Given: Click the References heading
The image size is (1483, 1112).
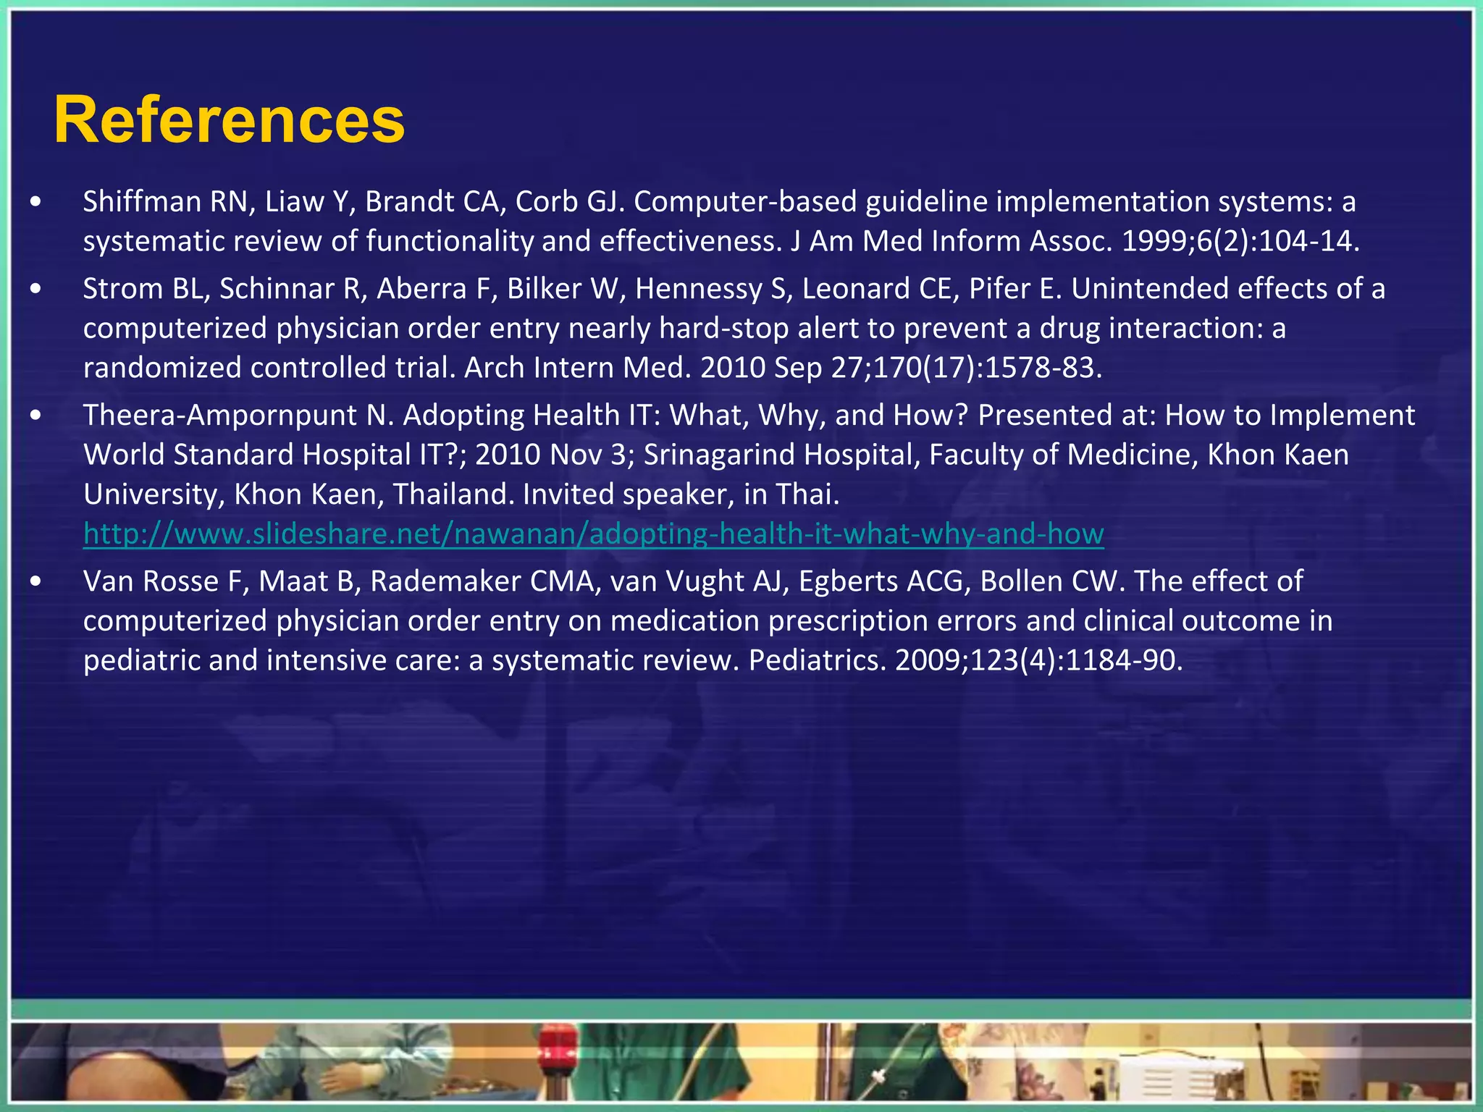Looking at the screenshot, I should click(229, 120).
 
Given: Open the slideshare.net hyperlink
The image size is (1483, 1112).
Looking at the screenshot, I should click(593, 534).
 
